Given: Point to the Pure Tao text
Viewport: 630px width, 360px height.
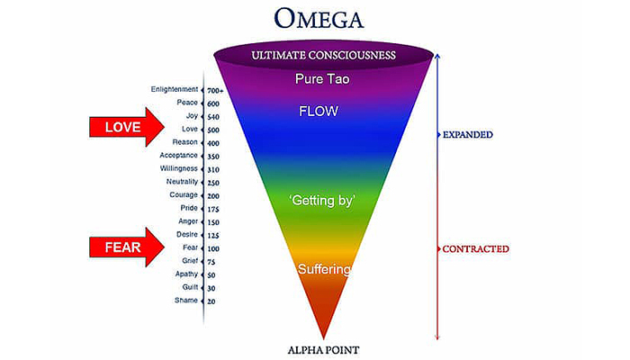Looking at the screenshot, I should click(321, 79).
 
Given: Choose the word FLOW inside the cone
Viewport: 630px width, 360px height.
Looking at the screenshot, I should click(320, 112).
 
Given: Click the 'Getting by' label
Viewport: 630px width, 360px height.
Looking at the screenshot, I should click(320, 200).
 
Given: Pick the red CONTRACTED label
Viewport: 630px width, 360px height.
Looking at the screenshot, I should click(476, 248).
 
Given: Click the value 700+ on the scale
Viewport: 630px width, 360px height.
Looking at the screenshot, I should click(215, 90).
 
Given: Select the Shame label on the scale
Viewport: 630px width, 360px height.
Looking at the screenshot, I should click(186, 300).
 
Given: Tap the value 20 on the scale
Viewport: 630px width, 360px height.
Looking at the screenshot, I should click(211, 301).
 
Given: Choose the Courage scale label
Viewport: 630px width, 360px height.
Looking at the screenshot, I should click(183, 194).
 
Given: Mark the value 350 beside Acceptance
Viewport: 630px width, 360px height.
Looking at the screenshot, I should click(213, 156).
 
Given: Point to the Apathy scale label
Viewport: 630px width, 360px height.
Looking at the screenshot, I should click(185, 274).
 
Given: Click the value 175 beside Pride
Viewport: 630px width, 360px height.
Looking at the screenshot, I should click(213, 208).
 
